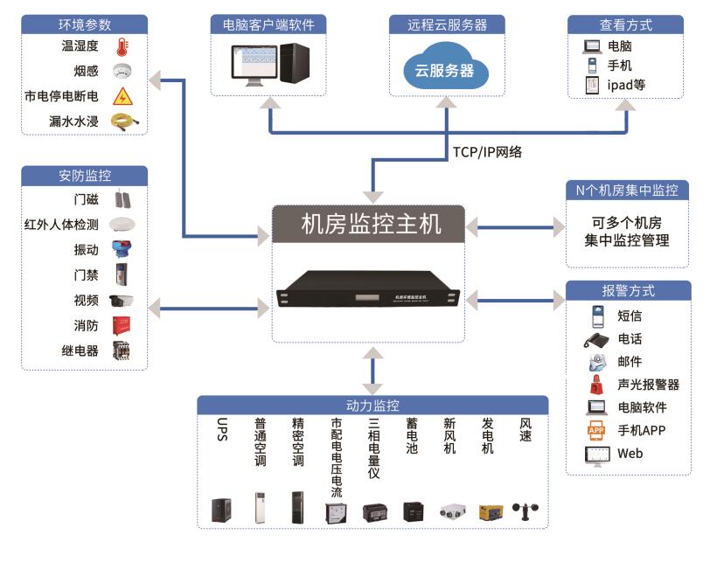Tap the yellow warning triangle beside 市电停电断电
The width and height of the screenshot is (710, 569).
point(122,96)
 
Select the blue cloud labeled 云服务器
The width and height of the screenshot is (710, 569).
point(445,69)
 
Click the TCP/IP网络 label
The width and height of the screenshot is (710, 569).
point(487,151)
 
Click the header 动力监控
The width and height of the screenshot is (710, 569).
point(372,406)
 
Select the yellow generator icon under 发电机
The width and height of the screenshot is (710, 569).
point(491,511)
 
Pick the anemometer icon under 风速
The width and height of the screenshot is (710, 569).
point(526,511)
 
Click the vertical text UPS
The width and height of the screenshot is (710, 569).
point(221,430)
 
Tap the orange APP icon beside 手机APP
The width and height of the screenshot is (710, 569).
point(596,430)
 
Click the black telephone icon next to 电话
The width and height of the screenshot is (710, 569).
point(596,339)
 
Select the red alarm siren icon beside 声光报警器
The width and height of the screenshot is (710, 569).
point(596,385)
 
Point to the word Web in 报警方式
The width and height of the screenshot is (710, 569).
point(630,454)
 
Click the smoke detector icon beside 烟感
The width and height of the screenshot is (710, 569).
point(122,72)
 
